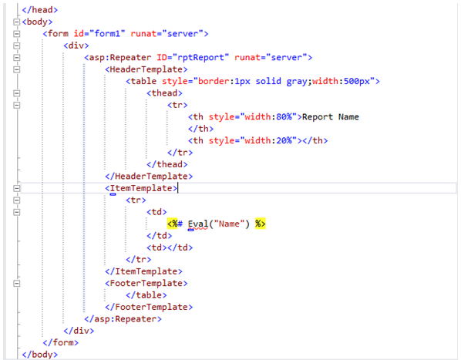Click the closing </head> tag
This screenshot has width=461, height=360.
pos(39,10)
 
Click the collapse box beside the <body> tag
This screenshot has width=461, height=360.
pos(17,22)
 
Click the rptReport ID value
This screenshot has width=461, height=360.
pos(203,57)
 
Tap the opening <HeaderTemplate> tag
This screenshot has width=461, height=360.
pos(146,69)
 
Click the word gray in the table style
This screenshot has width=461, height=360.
pos(297,82)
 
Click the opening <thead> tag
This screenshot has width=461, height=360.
pos(164,93)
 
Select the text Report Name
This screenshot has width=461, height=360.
pos(331,117)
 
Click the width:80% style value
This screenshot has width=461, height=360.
pos(268,117)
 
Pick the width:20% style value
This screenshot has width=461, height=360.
pos(268,141)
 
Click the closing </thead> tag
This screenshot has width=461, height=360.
pos(167,164)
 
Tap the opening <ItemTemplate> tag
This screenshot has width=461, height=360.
pos(141,188)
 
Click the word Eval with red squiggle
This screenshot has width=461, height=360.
pos(198,224)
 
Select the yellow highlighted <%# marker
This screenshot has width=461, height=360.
pos(175,224)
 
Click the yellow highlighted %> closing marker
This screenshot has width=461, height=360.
pos(261,224)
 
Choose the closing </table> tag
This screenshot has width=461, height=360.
pos(146,295)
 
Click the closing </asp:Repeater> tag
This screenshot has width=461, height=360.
pos(123,319)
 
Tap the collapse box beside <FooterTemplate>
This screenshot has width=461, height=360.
pos(17,284)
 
